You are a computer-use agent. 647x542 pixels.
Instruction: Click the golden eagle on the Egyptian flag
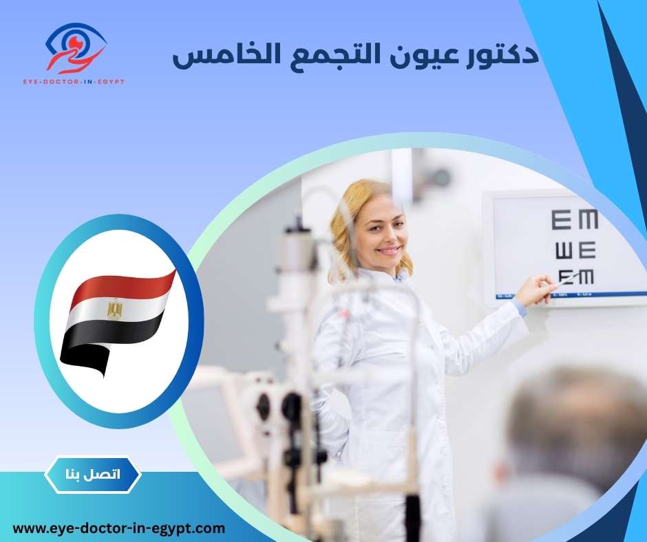coord(114,310)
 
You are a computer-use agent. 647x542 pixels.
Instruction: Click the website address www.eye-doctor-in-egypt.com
coord(119,528)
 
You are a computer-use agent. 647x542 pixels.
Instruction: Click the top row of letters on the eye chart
coord(574,221)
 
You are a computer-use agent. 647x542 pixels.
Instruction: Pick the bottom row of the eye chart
coord(575,277)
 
